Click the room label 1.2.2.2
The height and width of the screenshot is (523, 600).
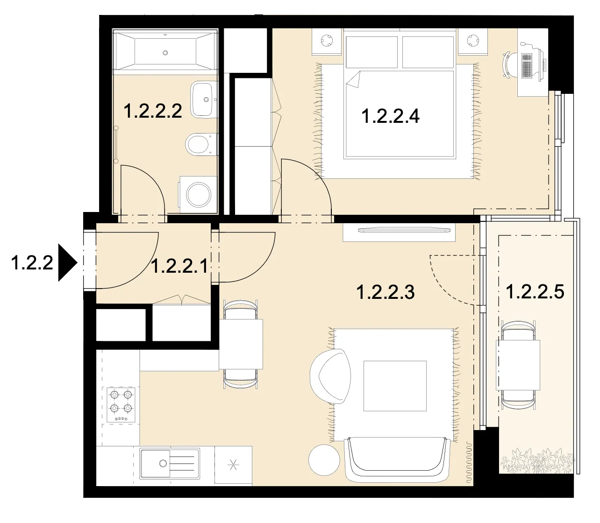pos(153,111)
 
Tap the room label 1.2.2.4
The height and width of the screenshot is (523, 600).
pos(390,116)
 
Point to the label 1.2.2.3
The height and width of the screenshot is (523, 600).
pos(386,292)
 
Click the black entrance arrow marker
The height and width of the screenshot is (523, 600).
pos(68,262)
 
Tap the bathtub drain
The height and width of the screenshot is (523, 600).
pos(165,53)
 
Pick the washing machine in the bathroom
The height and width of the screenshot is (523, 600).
pos(198,194)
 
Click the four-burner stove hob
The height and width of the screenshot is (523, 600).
pos(121,405)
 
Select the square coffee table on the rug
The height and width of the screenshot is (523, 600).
pos(395,386)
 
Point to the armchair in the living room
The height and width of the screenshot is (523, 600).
pos(330,376)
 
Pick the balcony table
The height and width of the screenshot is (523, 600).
pos(518,365)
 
